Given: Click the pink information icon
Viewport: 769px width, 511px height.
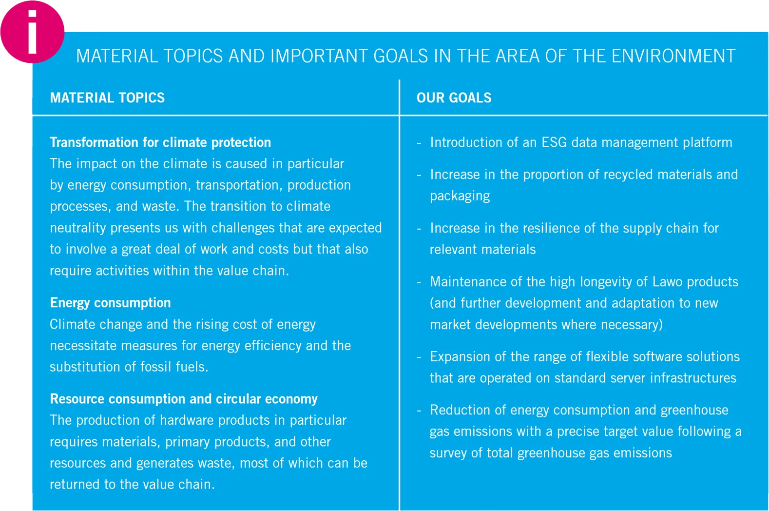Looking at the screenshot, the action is coord(32,32).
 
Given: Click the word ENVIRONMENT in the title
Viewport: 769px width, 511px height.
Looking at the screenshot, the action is coord(673,56).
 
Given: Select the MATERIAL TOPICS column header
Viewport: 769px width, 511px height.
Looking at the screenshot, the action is coord(107,98).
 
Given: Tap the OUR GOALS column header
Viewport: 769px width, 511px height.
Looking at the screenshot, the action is coord(454,98).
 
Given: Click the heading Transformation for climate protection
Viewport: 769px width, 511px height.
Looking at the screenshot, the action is coord(160,142).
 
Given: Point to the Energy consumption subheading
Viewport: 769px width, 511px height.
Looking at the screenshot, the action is coord(110,303).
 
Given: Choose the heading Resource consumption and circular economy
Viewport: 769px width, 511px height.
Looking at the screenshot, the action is coord(184,399).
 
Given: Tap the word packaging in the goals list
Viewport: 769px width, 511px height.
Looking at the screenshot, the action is coord(460,196).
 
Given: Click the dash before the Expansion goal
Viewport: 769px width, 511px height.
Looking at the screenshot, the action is coord(419,357).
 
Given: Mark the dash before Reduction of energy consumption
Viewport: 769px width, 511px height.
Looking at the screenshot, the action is coord(419,411).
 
